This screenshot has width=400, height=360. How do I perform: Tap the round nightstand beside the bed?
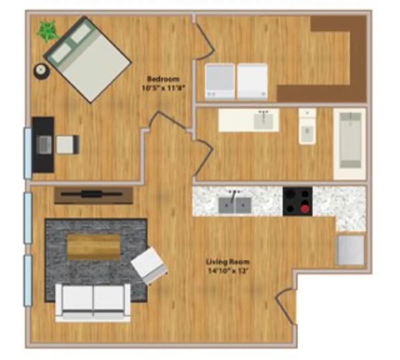click(42, 71)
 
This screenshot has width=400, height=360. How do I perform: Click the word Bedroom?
click(163, 79)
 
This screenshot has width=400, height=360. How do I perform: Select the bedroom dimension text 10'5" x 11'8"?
click(163, 89)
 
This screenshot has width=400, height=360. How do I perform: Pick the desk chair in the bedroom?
click(68, 145)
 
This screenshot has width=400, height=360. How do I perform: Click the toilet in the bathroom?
click(307, 130)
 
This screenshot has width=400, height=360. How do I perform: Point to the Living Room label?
click(228, 262)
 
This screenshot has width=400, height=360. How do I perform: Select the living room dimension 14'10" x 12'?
click(228, 271)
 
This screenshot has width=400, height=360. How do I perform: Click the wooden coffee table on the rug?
click(94, 247)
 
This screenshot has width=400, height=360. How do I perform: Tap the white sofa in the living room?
click(93, 302)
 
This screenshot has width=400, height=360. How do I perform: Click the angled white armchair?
click(149, 265)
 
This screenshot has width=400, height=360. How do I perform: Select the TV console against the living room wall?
click(94, 195)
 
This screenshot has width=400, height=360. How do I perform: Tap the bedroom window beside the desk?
click(28, 153)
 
